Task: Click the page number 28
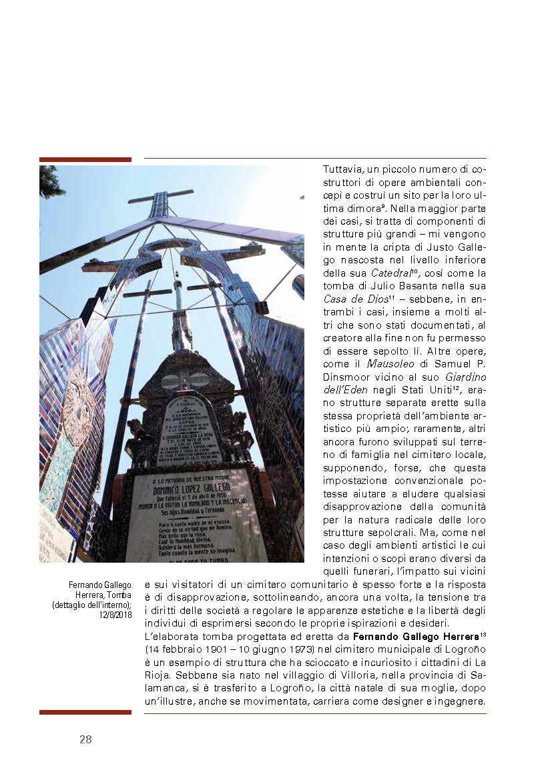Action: click(85, 739)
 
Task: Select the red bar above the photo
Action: click(85, 159)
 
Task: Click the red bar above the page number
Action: click(85, 712)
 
